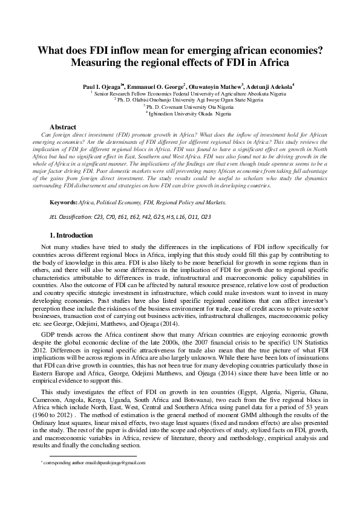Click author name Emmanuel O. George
click(x=158, y=87)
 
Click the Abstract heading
click(x=62, y=127)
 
